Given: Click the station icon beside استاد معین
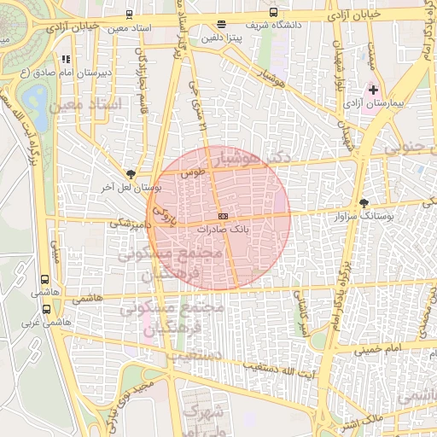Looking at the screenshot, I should click(x=128, y=15).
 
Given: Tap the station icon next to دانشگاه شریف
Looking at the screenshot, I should click(x=273, y=13).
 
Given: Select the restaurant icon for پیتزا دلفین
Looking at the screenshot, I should click(x=222, y=25).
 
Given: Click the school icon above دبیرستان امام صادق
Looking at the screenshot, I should click(x=66, y=60).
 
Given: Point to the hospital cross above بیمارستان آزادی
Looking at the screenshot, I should click(x=373, y=90).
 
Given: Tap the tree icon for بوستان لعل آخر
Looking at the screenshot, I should click(x=131, y=172).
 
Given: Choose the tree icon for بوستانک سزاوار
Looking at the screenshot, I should click(x=365, y=202).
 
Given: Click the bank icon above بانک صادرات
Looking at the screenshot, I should click(x=223, y=216).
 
